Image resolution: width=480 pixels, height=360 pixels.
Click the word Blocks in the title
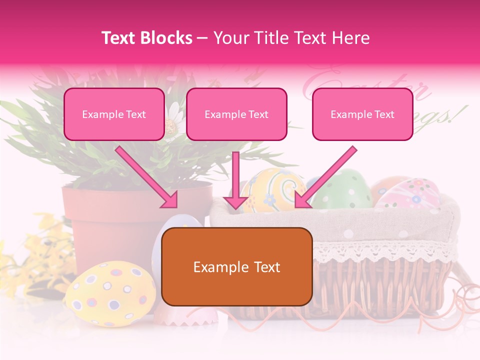pyautogui.click(x=165, y=38)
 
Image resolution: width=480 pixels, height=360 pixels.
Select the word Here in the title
pyautogui.click(x=351, y=38)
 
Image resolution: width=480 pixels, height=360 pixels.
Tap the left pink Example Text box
pyautogui.click(x=114, y=114)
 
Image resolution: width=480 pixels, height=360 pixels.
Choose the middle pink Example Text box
pyautogui.click(x=236, y=114)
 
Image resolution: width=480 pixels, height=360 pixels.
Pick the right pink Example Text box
pyautogui.click(x=362, y=114)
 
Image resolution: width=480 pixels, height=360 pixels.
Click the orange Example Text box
pyautogui.click(x=237, y=267)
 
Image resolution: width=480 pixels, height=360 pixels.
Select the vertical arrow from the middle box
pyautogui.click(x=236, y=180)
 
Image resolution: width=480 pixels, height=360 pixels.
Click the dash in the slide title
pyautogui.click(x=202, y=38)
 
